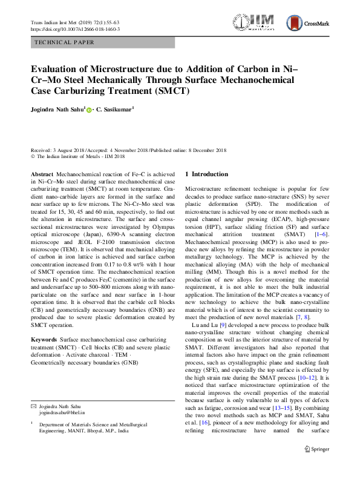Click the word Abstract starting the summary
coord(41,174)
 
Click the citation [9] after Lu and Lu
coord(224,325)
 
